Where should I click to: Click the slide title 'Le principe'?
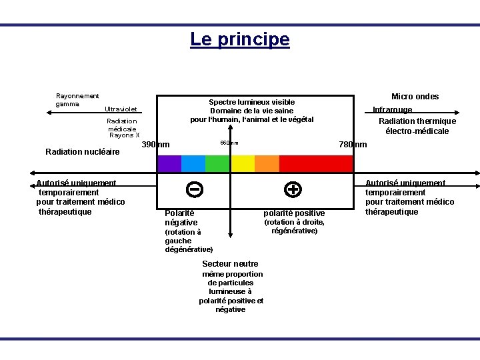tap(240, 39)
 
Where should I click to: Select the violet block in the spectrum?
tap(169, 164)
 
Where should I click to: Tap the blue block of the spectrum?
tap(193, 164)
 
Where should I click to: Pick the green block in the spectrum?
tap(217, 164)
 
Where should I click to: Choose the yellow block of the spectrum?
tap(242, 164)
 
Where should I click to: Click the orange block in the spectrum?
tap(267, 164)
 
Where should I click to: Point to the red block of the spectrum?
tap(315, 164)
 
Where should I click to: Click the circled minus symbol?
tap(195, 189)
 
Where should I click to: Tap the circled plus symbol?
tap(292, 189)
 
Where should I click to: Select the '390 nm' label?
tap(156, 145)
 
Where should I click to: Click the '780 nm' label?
tap(353, 145)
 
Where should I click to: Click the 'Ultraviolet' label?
tap(121, 109)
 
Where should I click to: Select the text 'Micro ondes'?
tap(415, 97)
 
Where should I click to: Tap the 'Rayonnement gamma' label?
tap(77, 100)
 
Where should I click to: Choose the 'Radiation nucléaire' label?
tap(82, 152)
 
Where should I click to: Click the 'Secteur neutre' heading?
tap(230, 264)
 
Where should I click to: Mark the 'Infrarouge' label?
tap(392, 109)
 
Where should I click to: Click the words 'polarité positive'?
tap(294, 213)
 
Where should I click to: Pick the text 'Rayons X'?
tap(124, 135)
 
